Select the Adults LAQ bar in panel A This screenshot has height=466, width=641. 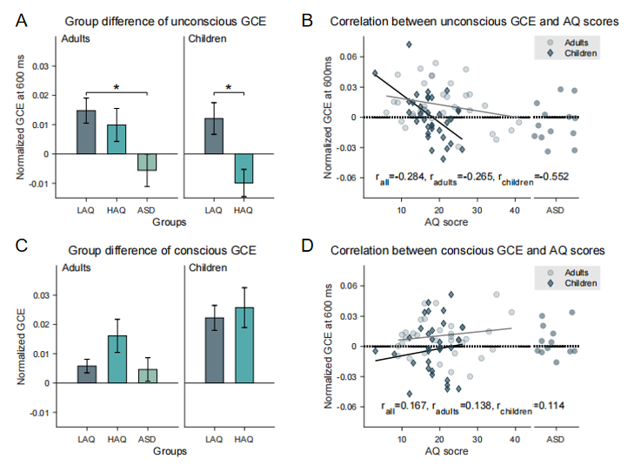[x=86, y=132]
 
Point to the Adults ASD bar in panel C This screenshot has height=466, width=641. [x=148, y=375]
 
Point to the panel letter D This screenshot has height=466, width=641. [x=331, y=251]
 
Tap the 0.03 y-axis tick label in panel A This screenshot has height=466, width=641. [x=37, y=64]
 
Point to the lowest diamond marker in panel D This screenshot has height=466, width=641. [x=408, y=394]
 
